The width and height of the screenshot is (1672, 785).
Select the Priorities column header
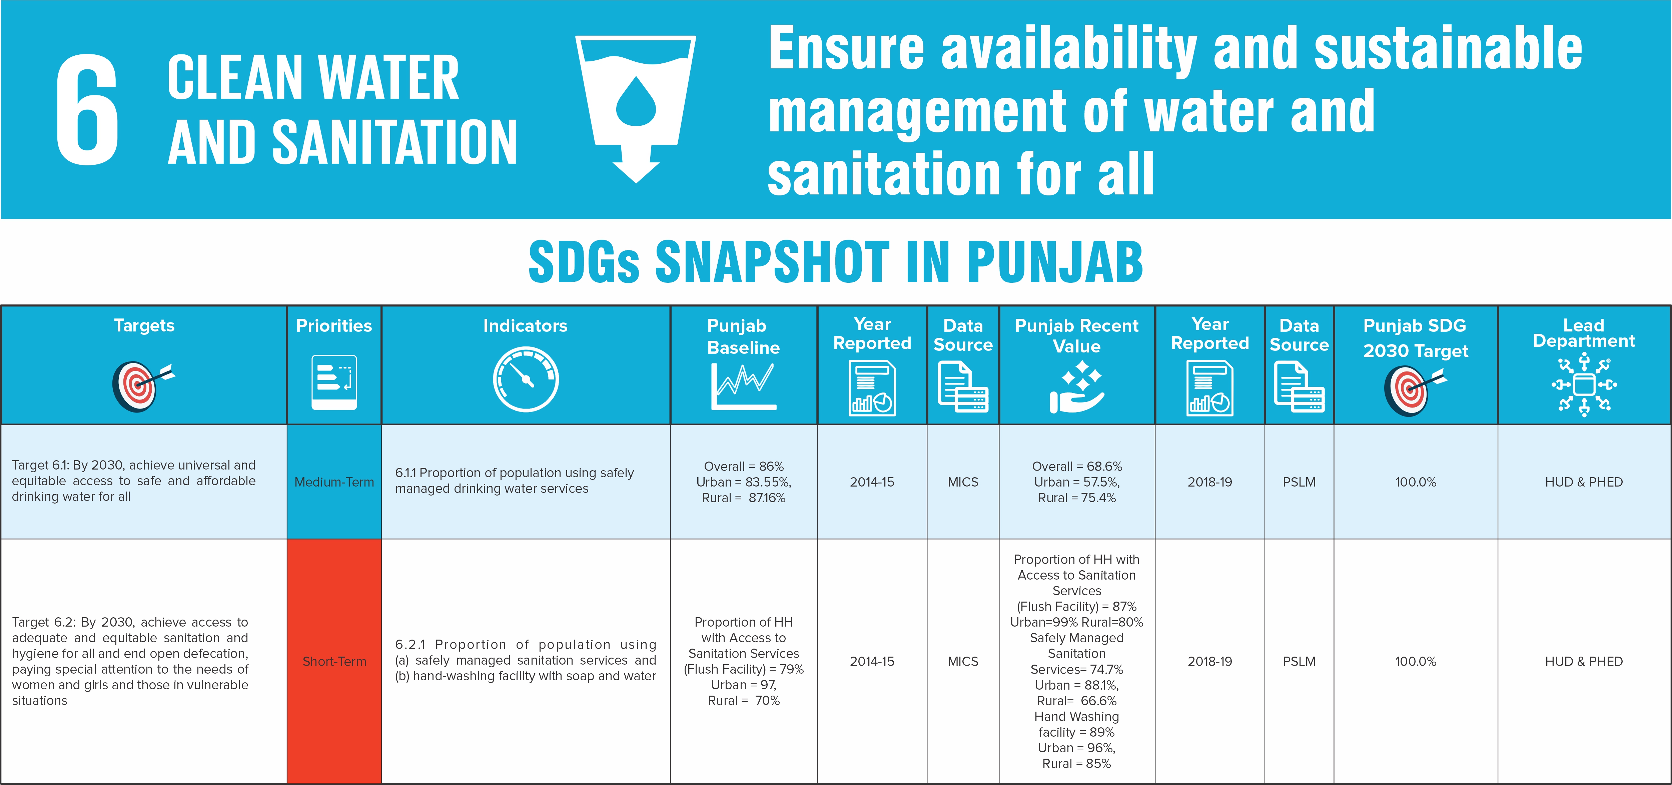[x=333, y=326]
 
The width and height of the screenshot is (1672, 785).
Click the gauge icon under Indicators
[x=525, y=380]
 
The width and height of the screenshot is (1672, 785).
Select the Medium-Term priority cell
[x=333, y=482]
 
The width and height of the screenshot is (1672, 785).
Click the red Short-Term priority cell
[x=333, y=661]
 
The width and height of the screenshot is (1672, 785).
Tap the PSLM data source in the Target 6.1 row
[x=1299, y=482]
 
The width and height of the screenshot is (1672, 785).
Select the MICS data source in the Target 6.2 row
[x=963, y=661]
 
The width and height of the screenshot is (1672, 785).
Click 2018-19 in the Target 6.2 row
[x=1209, y=661]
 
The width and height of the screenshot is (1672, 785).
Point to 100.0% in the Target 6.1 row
[x=1416, y=482]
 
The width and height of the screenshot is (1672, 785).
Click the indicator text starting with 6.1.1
[x=514, y=481]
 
